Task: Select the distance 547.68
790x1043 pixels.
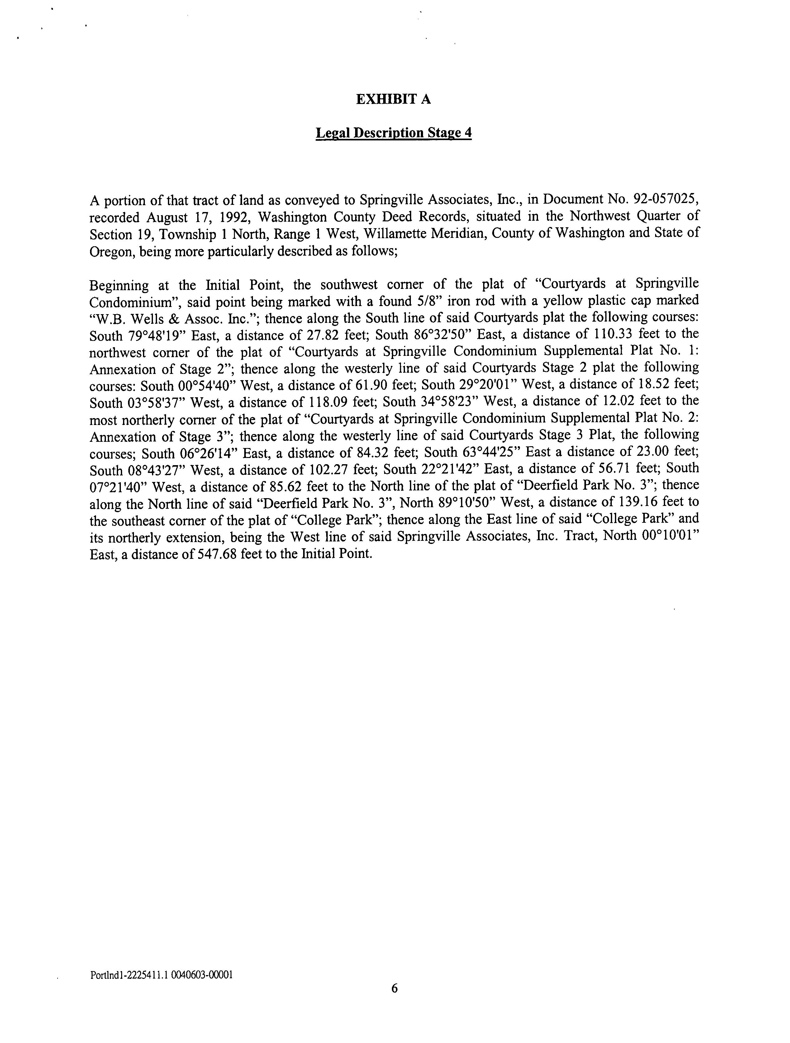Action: (x=217, y=554)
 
